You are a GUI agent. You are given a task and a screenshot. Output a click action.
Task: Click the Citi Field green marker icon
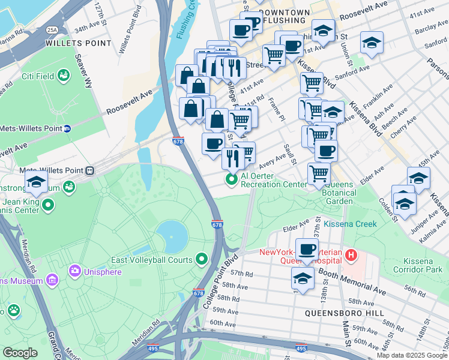coord(64,73)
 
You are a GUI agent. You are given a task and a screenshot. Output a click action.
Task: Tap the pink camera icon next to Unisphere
coord(76,272)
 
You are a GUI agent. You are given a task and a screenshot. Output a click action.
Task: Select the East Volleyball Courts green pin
coord(202,260)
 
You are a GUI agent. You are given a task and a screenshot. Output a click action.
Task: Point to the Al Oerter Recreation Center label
coord(274,180)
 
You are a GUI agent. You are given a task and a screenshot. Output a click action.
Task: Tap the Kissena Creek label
coord(350,224)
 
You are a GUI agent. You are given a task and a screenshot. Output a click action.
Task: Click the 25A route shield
coord(52,29)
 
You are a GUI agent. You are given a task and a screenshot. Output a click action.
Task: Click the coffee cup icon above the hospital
coord(307,249)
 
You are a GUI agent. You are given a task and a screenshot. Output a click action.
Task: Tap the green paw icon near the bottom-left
coord(13,310)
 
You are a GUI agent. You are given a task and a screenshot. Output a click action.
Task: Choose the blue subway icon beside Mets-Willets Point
coord(67,128)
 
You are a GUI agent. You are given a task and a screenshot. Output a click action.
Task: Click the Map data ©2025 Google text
coord(411,355)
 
